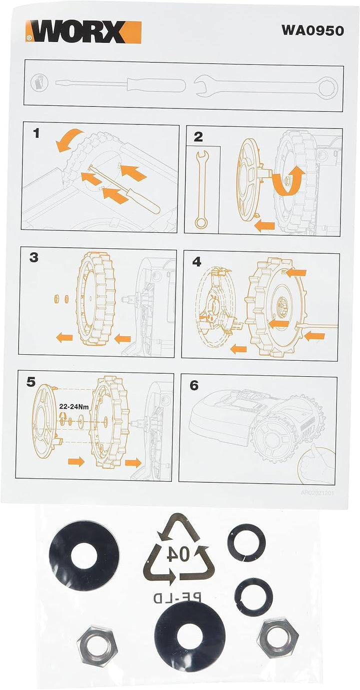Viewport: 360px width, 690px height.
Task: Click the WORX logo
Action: click(84, 32)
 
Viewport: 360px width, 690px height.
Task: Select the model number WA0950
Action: click(312, 30)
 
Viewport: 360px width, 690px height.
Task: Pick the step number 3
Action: click(33, 258)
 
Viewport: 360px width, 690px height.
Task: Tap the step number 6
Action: click(194, 385)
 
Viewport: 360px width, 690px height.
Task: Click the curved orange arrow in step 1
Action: click(70, 140)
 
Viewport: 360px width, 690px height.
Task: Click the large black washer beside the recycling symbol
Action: click(84, 555)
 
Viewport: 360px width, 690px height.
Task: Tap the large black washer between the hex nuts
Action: click(189, 637)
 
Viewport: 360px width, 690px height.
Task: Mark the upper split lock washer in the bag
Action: click(246, 543)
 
